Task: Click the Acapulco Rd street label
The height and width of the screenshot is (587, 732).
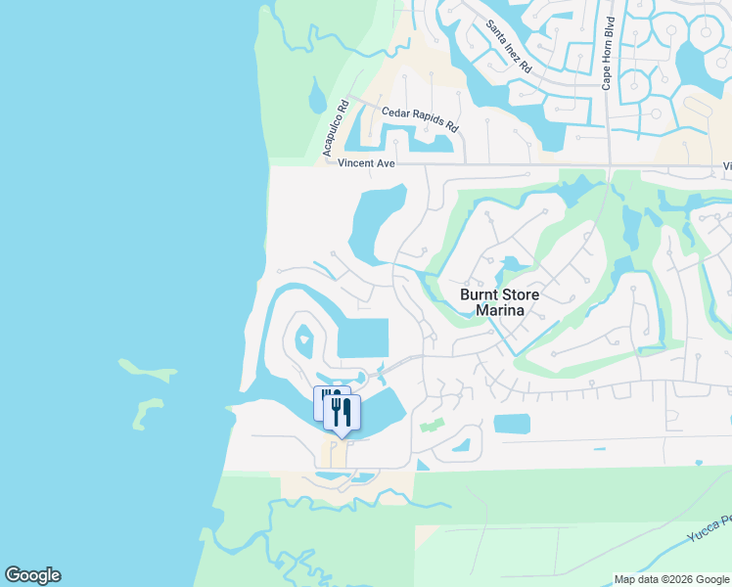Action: point(336,128)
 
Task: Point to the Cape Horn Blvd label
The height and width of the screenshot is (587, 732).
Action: point(608,54)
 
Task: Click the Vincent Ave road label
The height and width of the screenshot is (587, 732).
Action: point(366,163)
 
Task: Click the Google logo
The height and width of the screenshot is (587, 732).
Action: point(32,575)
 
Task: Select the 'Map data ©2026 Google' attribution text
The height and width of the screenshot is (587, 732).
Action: point(671,579)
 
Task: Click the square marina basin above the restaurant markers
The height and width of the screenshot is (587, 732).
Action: point(362,339)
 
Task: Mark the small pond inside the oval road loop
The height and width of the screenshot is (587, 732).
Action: point(304,340)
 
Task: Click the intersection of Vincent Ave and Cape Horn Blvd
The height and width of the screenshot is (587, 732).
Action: point(609,164)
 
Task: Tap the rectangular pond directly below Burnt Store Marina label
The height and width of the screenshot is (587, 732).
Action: point(512,424)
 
